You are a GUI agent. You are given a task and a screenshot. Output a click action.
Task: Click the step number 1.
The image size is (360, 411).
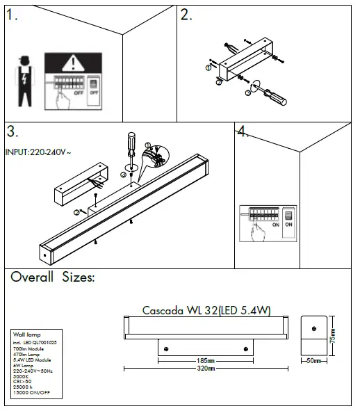point(13,17)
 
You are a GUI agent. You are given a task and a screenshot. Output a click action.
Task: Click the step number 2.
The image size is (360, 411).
point(186,16)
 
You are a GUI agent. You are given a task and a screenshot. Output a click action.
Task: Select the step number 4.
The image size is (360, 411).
point(242,132)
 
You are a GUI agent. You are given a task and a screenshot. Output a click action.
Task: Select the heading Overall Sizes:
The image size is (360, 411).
point(53,277)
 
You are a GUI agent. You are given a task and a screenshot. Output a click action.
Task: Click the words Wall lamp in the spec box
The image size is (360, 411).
point(25,337)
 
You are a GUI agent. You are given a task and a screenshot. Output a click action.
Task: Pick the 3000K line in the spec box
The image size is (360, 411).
point(22,376)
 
